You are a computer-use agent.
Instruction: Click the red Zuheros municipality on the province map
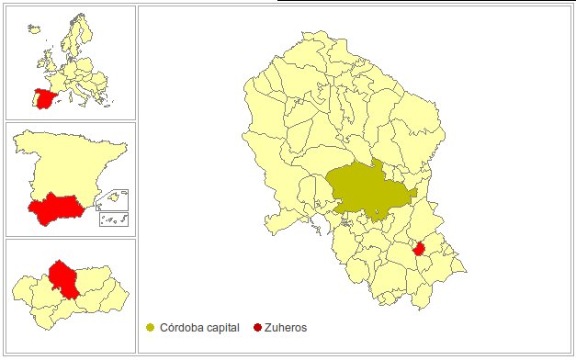[418, 248]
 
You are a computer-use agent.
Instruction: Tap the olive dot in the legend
[151, 328]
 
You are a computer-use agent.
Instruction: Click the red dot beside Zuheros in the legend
[257, 328]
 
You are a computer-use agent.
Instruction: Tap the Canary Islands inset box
[114, 219]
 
